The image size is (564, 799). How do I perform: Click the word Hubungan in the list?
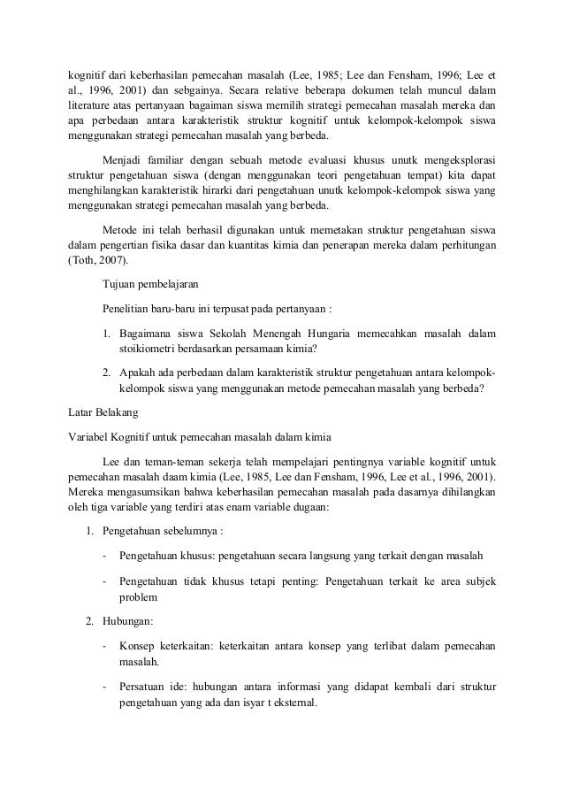click(x=128, y=620)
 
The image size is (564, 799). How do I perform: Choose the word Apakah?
click(x=139, y=373)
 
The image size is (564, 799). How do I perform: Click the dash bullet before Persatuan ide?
click(x=105, y=688)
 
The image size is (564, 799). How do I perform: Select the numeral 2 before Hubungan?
click(x=88, y=620)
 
